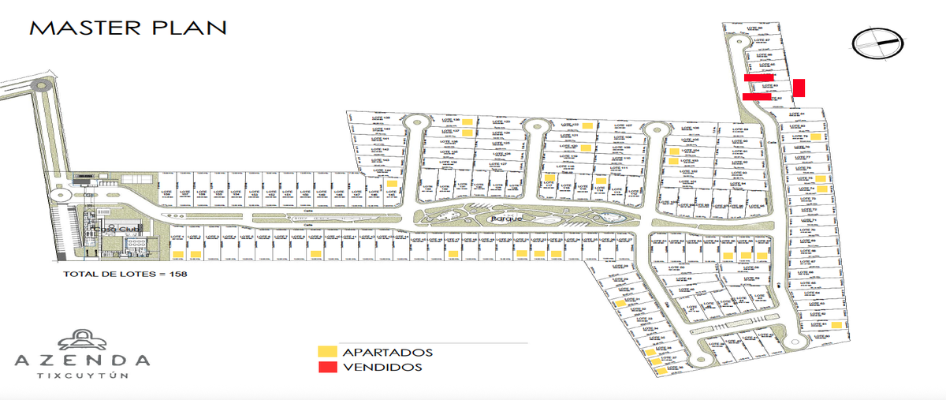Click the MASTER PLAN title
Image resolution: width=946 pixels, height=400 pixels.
tap(128, 28)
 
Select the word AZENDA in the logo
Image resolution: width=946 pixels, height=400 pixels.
tap(83, 361)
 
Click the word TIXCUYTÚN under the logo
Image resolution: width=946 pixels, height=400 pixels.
tap(83, 376)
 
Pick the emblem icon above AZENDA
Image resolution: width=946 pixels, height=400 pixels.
tap(83, 338)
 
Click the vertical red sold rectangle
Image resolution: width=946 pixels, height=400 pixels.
tap(799, 88)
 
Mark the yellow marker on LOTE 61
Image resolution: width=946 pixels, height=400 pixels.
tap(835, 324)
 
